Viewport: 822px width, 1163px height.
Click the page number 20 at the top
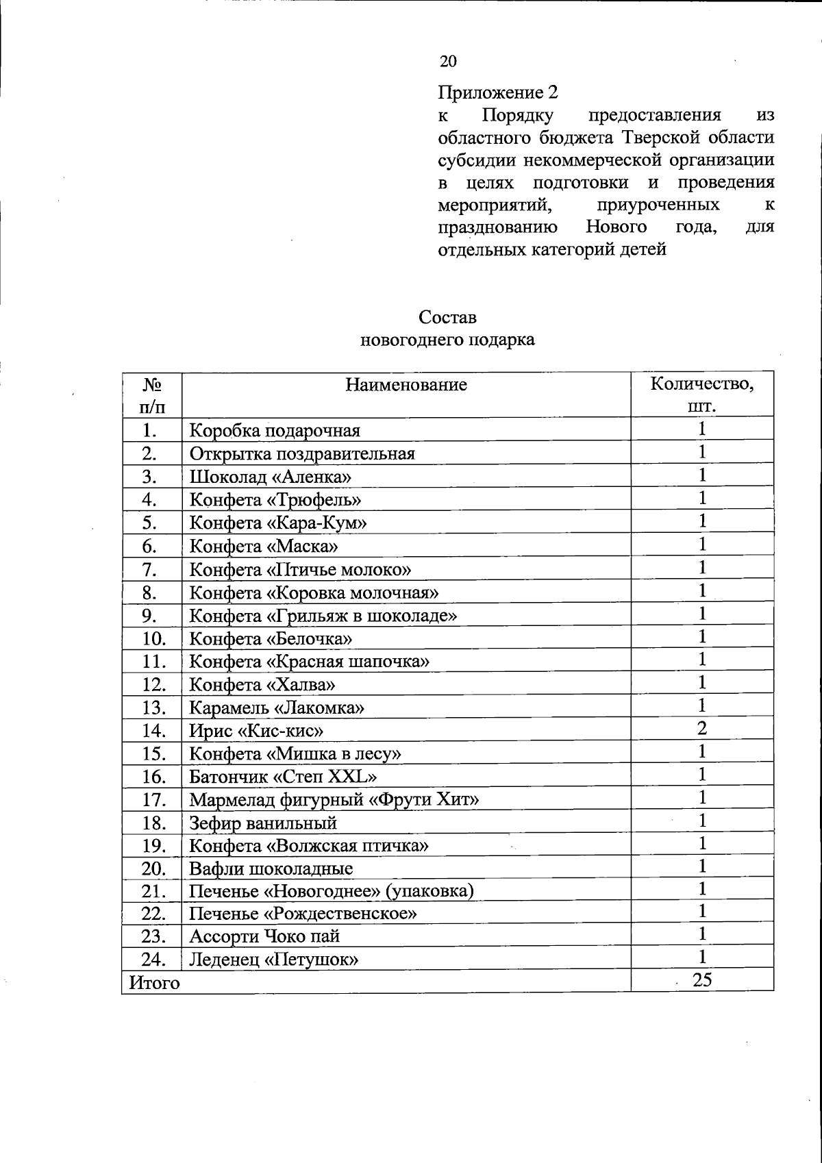coord(448,62)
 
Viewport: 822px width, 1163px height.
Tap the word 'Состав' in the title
coord(447,318)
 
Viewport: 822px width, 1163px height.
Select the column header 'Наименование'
coord(406,384)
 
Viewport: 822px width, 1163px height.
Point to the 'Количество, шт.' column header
coord(702,395)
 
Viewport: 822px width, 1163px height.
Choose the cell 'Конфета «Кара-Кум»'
coord(277,523)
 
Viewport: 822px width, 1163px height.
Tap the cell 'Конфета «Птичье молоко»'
coord(300,569)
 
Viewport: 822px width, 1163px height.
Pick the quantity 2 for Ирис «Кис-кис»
coord(702,728)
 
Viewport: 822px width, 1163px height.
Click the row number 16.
coord(154,777)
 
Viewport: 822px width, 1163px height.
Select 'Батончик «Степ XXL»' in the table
coord(283,777)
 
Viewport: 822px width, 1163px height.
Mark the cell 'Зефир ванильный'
coord(263,823)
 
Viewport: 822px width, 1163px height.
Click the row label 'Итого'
coord(155,984)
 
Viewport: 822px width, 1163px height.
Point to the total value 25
coord(702,980)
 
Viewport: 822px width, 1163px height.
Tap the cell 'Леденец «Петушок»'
coord(274,960)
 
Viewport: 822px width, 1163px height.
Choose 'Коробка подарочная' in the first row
coord(274,431)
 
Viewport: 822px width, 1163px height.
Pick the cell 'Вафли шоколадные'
coord(271,869)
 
